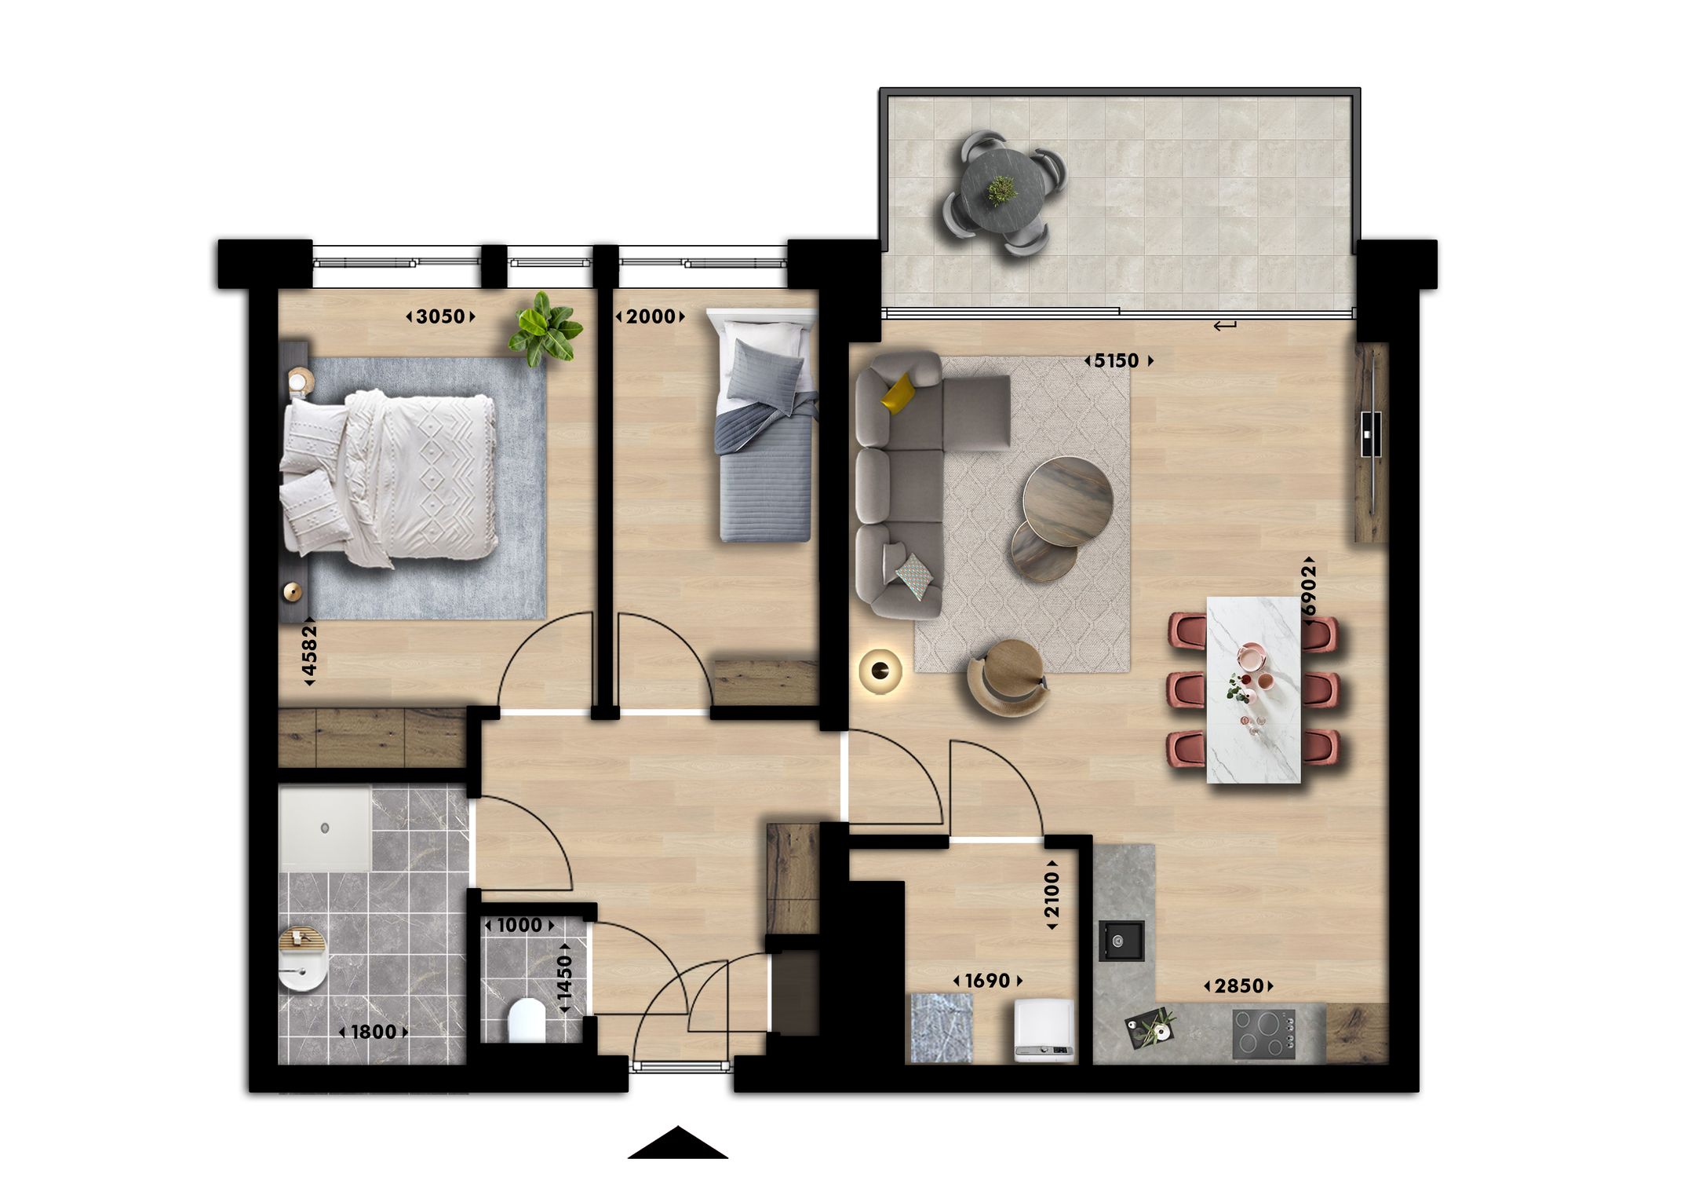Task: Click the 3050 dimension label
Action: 440,316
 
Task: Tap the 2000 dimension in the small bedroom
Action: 651,316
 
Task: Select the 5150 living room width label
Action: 1117,360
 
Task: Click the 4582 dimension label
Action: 310,651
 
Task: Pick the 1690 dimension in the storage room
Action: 987,981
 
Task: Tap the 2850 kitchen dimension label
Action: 1239,985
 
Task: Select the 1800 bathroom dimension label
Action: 373,1032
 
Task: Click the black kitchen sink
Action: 1121,941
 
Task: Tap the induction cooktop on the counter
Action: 1263,1033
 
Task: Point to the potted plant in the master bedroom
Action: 545,330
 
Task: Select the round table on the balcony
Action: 1002,191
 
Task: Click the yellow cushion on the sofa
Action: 898,393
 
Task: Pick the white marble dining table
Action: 1253,689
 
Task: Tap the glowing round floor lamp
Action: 880,670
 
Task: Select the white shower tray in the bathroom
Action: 325,829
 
